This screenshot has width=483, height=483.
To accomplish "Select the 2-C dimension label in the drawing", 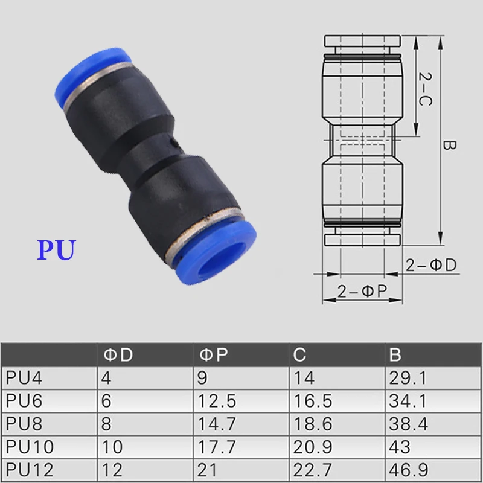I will pyautogui.click(x=425, y=88).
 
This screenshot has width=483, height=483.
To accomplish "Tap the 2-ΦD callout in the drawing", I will pyautogui.click(x=430, y=264).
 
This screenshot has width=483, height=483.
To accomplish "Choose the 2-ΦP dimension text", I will pyautogui.click(x=362, y=292).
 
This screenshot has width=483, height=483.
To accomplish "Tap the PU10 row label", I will pyautogui.click(x=30, y=447).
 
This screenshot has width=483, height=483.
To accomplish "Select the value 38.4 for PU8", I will pyautogui.click(x=409, y=424).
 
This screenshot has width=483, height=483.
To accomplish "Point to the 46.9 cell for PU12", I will pyautogui.click(x=409, y=470).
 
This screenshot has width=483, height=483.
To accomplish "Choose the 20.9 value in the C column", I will pyautogui.click(x=313, y=447).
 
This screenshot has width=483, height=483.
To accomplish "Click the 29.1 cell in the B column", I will pyautogui.click(x=408, y=378).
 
